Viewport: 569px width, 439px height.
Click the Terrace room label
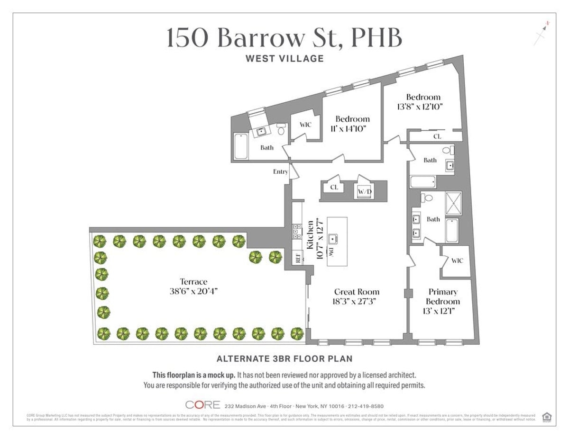click(x=193, y=282)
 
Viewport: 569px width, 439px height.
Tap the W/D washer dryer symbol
click(x=364, y=192)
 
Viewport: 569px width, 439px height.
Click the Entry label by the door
click(x=280, y=171)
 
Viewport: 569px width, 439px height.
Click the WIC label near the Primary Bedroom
click(x=457, y=261)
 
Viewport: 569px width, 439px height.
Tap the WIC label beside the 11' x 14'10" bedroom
click(x=305, y=125)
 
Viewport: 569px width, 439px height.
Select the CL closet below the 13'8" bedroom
click(x=437, y=136)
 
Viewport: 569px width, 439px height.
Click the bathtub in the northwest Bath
click(x=240, y=146)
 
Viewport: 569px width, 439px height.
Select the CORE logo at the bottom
click(x=202, y=405)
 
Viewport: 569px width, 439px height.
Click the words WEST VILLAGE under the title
click(x=284, y=59)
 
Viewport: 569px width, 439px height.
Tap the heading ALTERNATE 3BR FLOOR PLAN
click(x=284, y=358)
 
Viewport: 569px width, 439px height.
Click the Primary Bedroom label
click(x=443, y=296)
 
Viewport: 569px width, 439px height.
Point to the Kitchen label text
click(x=310, y=235)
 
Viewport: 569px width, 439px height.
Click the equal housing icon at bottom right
click(x=547, y=417)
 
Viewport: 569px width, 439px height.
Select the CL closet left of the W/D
click(x=334, y=188)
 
